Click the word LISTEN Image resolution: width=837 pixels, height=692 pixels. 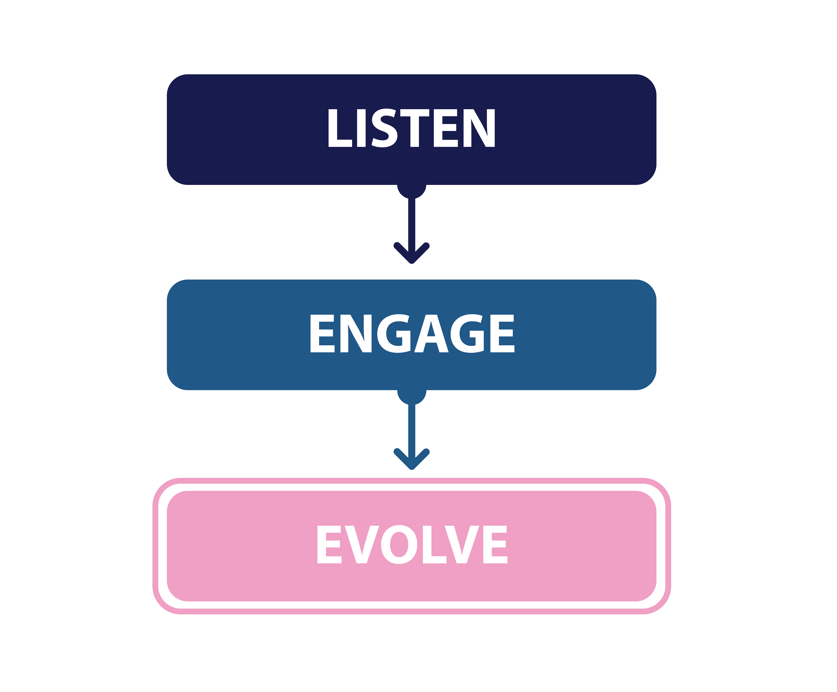tap(411, 128)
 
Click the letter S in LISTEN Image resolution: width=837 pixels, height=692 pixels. tap(384, 128)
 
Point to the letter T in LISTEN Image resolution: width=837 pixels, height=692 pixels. tap(415, 128)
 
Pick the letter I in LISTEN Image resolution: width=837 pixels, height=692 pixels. tap(361, 128)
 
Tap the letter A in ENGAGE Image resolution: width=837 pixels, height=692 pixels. tap(431, 334)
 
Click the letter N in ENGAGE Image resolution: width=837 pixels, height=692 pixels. tap(356, 334)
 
